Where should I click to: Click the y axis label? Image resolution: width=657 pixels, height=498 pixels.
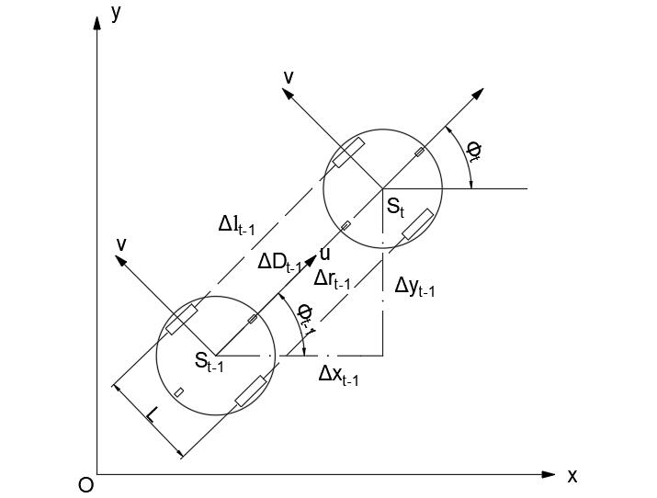[117, 13]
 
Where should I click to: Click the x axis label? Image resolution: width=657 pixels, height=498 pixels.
[572, 476]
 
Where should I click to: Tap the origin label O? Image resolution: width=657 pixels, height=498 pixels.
[85, 485]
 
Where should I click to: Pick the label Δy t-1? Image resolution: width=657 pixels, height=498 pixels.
[414, 287]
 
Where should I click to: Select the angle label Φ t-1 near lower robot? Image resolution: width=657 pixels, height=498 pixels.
[307, 315]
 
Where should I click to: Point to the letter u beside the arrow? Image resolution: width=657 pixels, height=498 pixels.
[324, 255]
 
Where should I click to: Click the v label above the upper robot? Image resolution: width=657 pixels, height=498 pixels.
[289, 78]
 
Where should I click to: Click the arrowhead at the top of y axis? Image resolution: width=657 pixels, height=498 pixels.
[96, 20]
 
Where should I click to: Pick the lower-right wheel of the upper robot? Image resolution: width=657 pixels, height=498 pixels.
[415, 225]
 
